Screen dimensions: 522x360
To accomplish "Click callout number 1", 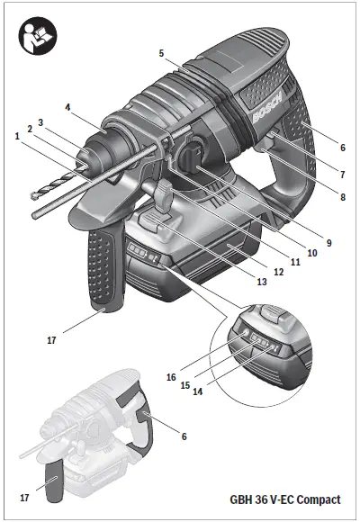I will click(16, 136).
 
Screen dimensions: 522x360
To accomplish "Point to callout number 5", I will click(162, 54).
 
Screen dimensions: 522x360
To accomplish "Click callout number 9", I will click(328, 242).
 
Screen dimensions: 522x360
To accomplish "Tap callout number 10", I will click(311, 255).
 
